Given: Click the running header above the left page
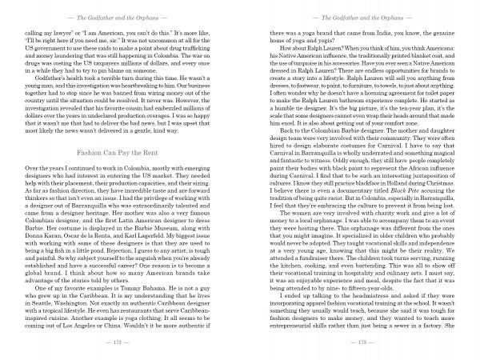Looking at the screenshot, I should (120, 15).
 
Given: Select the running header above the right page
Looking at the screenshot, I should (359, 15).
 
